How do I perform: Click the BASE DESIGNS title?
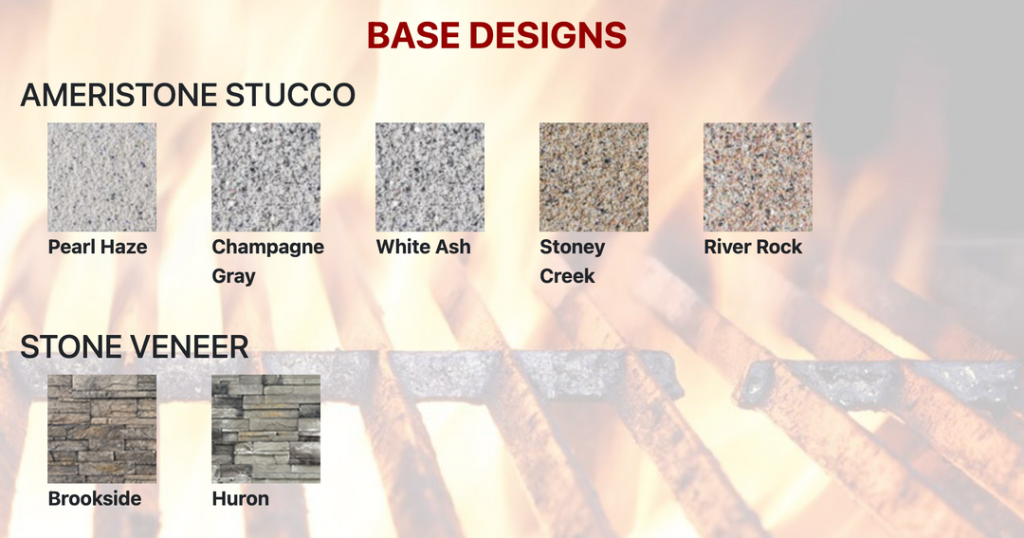(496, 36)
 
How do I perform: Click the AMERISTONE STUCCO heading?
(188, 95)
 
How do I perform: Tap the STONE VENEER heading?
(134, 347)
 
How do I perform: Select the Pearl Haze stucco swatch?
(102, 177)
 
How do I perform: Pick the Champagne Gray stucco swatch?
(265, 177)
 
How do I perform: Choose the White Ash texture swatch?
(430, 177)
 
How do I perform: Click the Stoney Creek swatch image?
(594, 177)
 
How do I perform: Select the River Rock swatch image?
(758, 177)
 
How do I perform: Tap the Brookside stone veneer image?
(102, 429)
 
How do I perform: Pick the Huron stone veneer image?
(265, 429)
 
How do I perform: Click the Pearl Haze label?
(98, 247)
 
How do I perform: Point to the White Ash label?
(423, 247)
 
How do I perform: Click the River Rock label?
(753, 247)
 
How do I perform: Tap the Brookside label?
(95, 498)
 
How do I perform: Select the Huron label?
(241, 498)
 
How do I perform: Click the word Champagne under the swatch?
(268, 247)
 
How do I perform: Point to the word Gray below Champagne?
(233, 276)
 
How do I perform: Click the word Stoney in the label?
(572, 247)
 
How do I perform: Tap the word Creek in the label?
(567, 276)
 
